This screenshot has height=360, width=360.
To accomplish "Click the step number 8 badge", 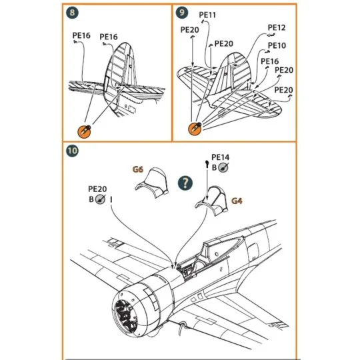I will (72, 13).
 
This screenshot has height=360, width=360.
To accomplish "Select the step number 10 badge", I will (73, 151).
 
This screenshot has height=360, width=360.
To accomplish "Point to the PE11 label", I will (207, 15).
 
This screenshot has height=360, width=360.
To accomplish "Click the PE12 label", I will (277, 28).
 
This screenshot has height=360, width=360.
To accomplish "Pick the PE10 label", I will (277, 46).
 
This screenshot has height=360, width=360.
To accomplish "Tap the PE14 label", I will (220, 158).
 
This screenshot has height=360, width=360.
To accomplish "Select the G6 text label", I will (138, 169).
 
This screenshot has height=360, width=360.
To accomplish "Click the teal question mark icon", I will (185, 183).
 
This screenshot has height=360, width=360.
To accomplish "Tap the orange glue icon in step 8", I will (85, 130).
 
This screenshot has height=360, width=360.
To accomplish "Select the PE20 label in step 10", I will (98, 189).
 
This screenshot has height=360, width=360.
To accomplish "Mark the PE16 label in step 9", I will (270, 61).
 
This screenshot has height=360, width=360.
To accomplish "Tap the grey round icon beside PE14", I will (223, 168).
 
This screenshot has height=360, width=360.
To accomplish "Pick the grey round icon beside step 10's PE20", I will (100, 199).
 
